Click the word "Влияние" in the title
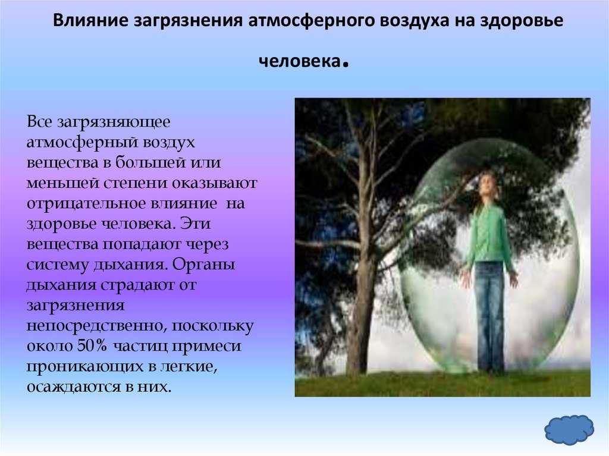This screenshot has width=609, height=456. tap(90, 21)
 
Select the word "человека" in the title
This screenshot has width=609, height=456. tap(300, 61)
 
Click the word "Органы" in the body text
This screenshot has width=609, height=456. tap(203, 265)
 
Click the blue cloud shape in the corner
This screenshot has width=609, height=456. tap(569, 430)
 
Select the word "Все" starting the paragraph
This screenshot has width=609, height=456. tap(39, 122)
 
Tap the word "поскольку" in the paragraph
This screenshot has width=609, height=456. tap(212, 326)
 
